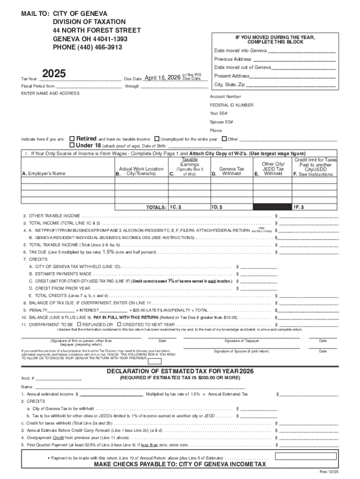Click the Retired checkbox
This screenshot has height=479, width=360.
pos(72,139)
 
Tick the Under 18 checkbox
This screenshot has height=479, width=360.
pos(72,145)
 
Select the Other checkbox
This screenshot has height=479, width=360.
pos(224,139)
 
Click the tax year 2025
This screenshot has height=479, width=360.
pos(54,74)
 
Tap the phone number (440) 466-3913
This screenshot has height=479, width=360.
pos(87,47)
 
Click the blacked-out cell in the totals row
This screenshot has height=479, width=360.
pos(272,207)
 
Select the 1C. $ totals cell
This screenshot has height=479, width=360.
pos(189,207)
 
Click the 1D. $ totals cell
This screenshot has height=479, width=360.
pos(231,207)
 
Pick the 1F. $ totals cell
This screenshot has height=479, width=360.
pos(314,207)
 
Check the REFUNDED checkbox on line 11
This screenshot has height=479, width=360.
pos(79,324)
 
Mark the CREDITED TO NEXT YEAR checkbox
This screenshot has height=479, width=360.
pos(119,324)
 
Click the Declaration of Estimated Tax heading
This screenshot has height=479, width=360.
pos(180,371)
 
